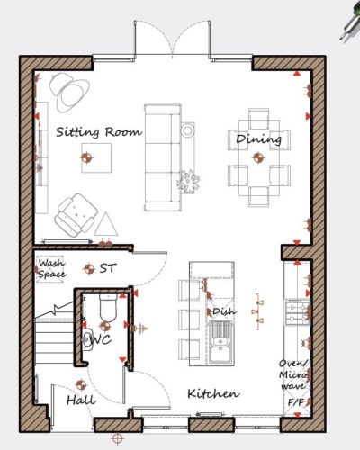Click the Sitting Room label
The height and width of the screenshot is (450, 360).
coord(99,132)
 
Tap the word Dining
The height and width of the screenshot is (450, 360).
coord(258,139)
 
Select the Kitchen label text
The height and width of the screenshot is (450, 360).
coord(213,393)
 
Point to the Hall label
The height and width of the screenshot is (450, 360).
coord(81,400)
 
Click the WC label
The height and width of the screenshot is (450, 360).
coord(101,339)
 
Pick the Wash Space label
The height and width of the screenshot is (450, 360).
coord(51,269)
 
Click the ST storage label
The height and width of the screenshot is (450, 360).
coord(107,268)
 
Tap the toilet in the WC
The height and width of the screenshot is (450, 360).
coord(108,308)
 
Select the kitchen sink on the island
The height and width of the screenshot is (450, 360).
coord(221,343)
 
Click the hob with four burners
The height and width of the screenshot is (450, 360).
coord(297,312)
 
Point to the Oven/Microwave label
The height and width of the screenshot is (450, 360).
coord(293,374)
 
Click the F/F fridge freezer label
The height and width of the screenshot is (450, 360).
coord(296,402)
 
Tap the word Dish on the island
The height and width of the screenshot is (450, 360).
coord(224,311)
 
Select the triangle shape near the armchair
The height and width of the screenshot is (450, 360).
coord(105,224)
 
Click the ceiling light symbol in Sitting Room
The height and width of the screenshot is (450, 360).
coord(86,157)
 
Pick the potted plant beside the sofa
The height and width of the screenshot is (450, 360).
coord(188,182)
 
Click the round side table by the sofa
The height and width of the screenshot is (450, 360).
coord(187,130)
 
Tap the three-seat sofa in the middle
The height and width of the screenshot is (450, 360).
coord(163,157)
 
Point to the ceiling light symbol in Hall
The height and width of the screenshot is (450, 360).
coord(81,384)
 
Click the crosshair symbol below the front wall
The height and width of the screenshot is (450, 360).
coord(118,439)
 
